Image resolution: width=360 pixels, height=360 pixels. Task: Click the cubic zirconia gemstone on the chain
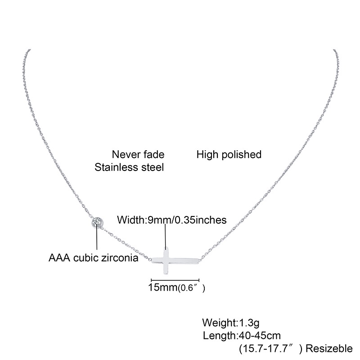(97, 222)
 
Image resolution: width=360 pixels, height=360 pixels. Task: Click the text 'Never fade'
(138, 155)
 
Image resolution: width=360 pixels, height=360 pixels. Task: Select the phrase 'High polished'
(229, 155)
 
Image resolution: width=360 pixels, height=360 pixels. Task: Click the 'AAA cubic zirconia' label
(93, 259)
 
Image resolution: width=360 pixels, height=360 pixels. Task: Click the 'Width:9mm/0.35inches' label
(171, 220)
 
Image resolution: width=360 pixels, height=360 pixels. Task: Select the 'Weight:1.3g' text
(231, 323)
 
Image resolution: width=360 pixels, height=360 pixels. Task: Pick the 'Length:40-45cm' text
(242, 335)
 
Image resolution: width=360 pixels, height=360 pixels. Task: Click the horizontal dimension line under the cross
(174, 279)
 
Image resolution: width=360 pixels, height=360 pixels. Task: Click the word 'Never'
(124, 155)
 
